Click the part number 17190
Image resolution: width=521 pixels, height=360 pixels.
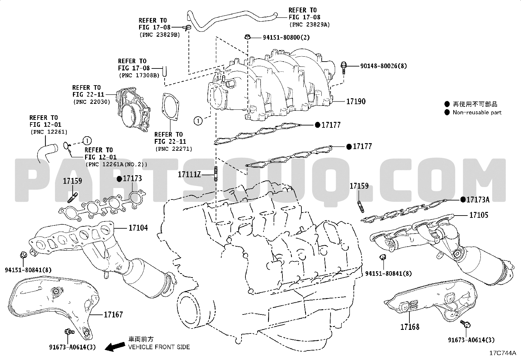(356, 102)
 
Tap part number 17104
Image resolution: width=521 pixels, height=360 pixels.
(138, 227)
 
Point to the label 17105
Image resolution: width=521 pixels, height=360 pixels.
(478, 215)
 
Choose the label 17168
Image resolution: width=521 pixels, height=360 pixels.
(409, 327)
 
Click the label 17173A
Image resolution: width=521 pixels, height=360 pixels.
(478, 199)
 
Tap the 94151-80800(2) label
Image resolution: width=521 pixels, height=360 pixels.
(286, 37)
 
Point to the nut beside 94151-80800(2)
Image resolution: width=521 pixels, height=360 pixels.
(247, 37)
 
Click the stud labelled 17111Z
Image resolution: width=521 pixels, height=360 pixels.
(215, 174)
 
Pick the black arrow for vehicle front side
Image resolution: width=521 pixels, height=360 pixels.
(115, 346)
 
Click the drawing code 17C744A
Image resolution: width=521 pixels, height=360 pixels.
(502, 353)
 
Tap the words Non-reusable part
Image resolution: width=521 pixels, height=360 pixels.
(477, 112)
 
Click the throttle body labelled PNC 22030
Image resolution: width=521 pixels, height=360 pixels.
(133, 108)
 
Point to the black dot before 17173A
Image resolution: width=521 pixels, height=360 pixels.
(463, 199)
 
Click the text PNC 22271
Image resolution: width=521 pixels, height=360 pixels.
(173, 149)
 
